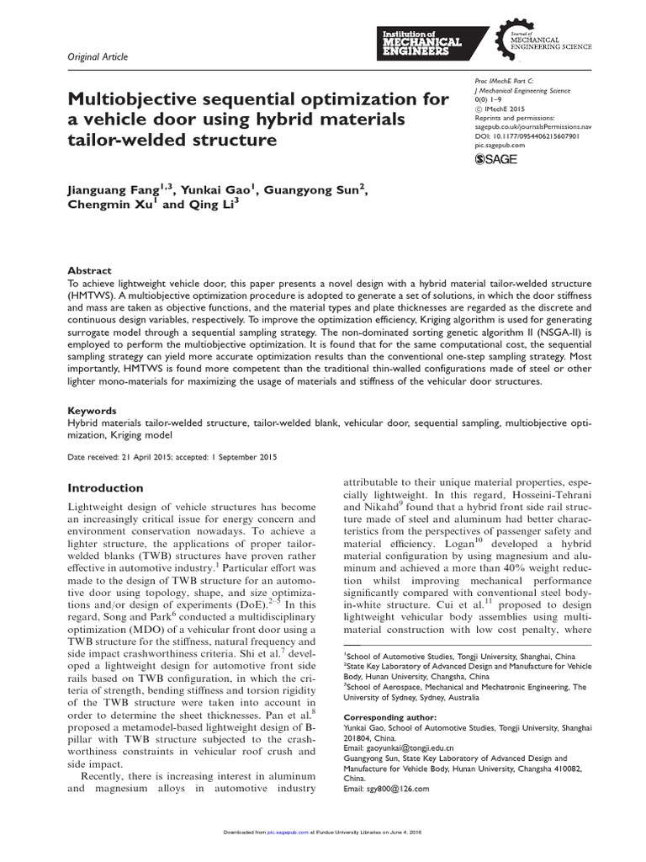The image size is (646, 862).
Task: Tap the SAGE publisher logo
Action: tap(496, 159)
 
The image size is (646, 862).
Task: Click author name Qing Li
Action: tap(214, 208)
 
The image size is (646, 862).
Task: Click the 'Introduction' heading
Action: tap(105, 488)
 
